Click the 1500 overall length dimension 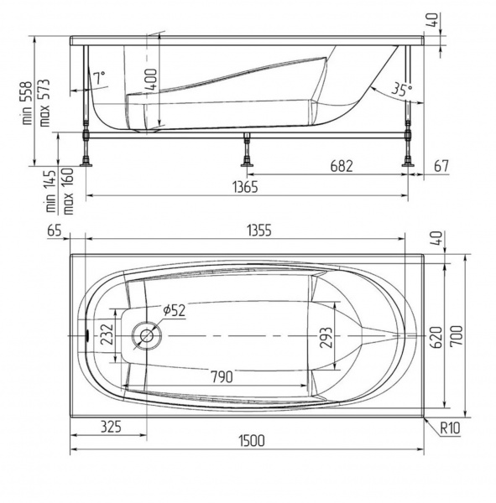252,441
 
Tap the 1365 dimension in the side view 245,187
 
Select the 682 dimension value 342,166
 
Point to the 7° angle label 99,78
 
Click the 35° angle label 402,89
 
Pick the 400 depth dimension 151,80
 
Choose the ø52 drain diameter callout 174,310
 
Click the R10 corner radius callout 450,428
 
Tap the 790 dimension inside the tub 222,376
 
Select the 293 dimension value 326,338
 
